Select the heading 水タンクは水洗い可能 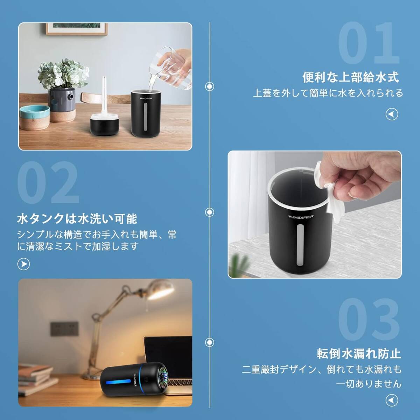(77, 219)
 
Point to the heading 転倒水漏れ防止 (359, 353)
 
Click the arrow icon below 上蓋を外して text (392, 114)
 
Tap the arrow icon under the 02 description (24, 264)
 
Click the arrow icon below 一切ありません (392, 400)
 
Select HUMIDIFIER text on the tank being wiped (299, 217)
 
